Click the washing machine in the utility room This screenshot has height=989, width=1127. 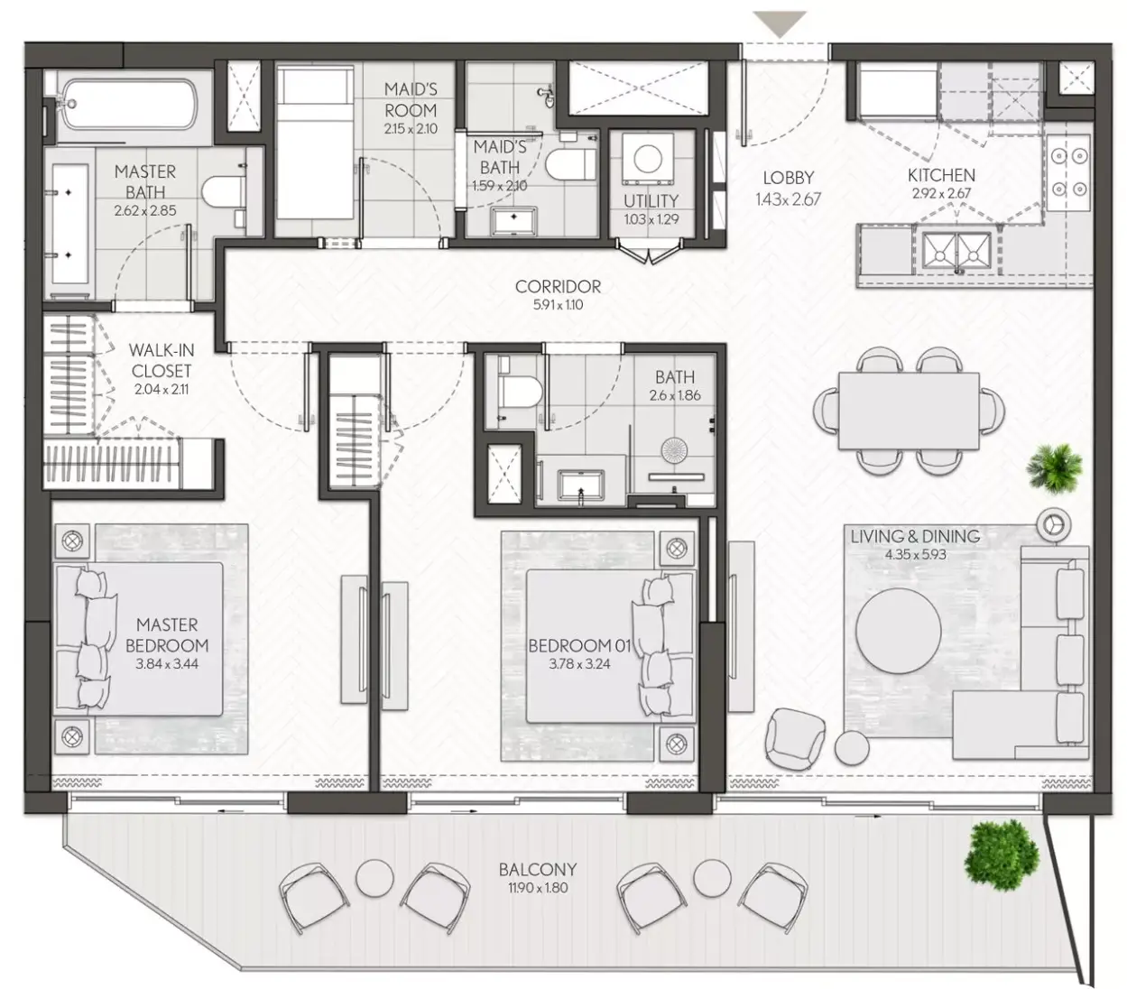(648, 159)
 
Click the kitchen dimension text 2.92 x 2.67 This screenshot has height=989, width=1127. (941, 194)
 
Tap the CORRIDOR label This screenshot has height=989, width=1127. (558, 286)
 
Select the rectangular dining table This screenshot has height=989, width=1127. (909, 411)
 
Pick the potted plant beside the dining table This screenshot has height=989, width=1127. (1054, 468)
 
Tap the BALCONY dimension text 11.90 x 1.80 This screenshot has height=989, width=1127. (538, 888)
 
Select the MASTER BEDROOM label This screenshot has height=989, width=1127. (167, 634)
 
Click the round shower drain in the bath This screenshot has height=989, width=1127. (673, 449)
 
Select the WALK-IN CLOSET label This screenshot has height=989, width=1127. (162, 360)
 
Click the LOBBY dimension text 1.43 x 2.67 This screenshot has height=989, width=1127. (788, 199)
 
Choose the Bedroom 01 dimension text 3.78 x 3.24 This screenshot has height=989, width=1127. (579, 663)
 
